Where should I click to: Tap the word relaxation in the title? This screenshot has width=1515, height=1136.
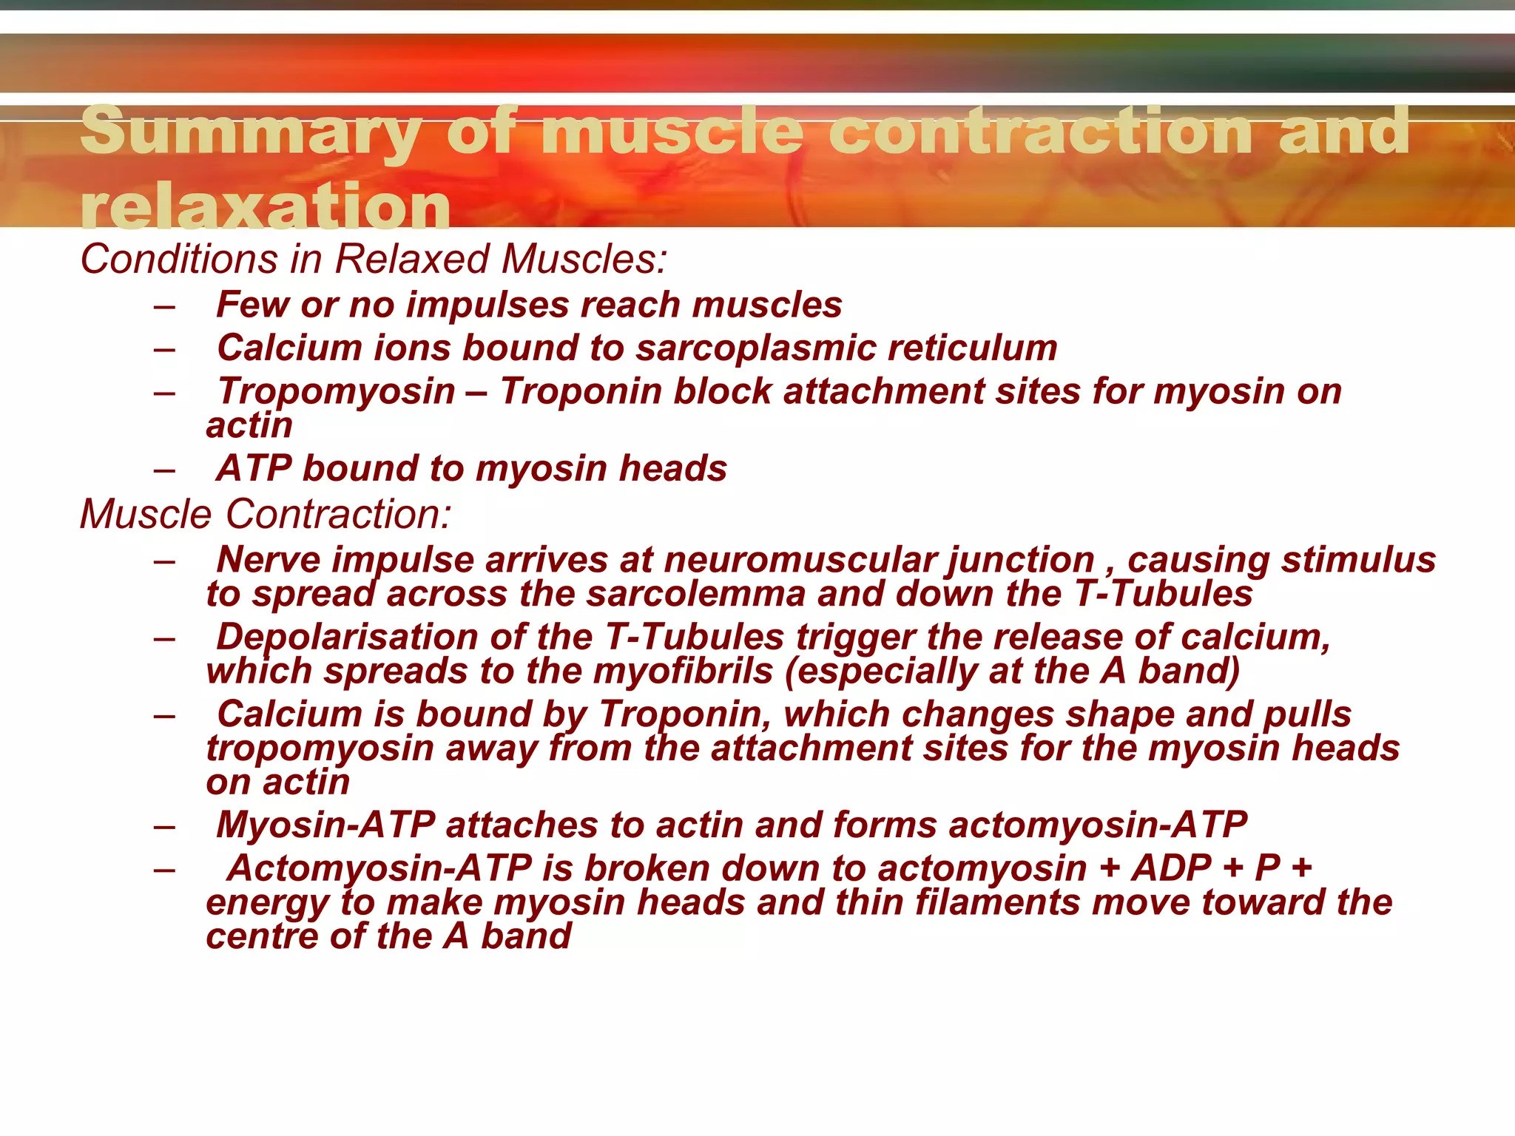click(265, 207)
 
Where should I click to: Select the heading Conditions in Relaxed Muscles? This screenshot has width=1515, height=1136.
click(374, 260)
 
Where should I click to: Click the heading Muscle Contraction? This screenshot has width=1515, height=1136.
click(265, 514)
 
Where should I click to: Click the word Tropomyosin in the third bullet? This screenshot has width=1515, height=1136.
click(336, 391)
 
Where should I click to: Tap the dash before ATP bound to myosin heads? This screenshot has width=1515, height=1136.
click(164, 470)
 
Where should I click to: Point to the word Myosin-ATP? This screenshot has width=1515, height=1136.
click(325, 825)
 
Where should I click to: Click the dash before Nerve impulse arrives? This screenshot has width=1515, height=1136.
click(164, 561)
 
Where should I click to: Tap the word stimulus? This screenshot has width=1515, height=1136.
click(1358, 560)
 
